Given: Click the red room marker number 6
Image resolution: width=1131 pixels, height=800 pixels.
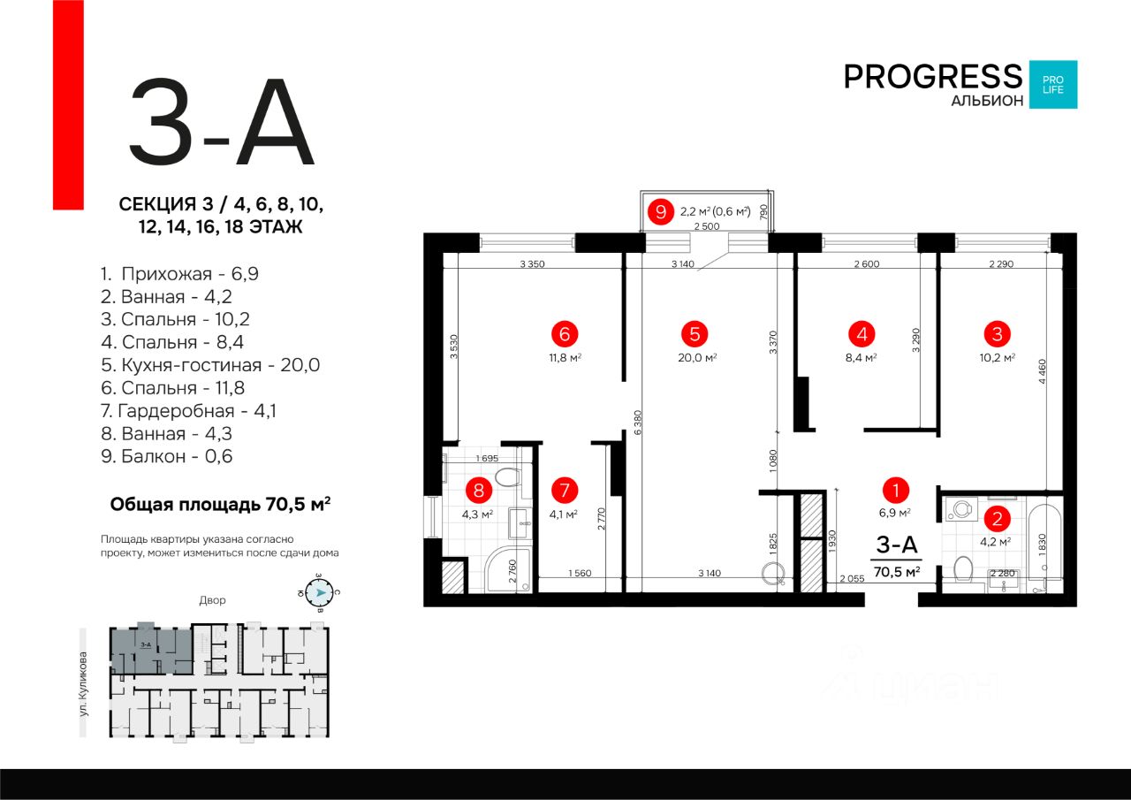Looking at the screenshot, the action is coord(564,334).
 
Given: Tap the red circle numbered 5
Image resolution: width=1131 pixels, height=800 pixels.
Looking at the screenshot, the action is coord(695,334).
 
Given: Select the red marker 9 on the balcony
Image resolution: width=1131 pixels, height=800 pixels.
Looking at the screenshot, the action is coord(659,211).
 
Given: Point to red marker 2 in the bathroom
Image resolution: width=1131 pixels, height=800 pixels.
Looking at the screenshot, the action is coord(997,520).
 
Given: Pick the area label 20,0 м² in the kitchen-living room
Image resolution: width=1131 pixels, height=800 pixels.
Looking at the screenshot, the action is coord(695,358).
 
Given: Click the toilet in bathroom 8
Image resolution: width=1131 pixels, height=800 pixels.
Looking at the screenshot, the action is coord(506,478).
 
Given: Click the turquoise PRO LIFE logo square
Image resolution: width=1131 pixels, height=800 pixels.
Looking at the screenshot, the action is coord(1052,85).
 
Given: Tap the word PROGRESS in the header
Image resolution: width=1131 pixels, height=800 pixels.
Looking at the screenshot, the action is coord(932,76).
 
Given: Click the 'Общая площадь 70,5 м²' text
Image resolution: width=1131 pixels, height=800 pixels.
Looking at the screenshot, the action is coord(220,505).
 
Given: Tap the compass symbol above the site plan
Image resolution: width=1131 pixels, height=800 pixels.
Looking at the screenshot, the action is coord(320,593).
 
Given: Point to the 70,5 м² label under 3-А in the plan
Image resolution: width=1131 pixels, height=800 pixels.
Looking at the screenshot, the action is coord(897,571).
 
